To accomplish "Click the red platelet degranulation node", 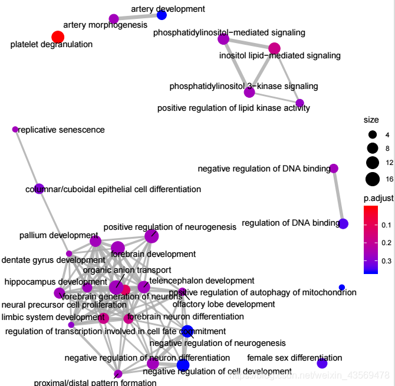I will [x=57, y=38].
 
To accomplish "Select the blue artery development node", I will [x=162, y=15].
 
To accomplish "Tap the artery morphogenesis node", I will [x=114, y=19].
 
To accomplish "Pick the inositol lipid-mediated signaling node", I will [x=274, y=48].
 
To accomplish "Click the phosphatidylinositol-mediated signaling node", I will [x=223, y=39].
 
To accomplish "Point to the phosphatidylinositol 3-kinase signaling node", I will [x=249, y=92].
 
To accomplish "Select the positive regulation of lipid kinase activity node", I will [x=299, y=103].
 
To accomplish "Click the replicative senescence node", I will [x=15, y=130].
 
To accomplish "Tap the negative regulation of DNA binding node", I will [x=334, y=169].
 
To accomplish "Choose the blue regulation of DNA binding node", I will [x=343, y=223].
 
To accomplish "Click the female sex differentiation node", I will [x=322, y=364].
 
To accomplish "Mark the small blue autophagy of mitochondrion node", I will [x=342, y=287].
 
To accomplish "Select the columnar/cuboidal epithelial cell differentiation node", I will [x=39, y=189].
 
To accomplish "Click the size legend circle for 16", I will [x=372, y=179].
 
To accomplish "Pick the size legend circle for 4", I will [x=372, y=135].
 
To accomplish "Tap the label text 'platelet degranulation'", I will [x=51, y=44].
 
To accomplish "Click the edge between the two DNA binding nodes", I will [x=338, y=196].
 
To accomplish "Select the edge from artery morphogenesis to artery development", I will [x=137, y=17].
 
